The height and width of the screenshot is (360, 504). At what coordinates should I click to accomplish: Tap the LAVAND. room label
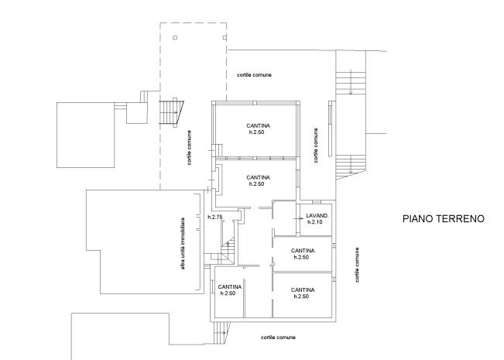click(317, 216)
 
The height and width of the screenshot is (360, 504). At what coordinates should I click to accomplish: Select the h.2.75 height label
click(215, 218)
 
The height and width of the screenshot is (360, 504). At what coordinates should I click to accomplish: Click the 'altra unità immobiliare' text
click(183, 244)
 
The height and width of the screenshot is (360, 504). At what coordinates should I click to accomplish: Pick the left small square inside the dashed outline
click(175, 38)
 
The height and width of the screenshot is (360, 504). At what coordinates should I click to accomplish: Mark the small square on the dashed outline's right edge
click(225, 38)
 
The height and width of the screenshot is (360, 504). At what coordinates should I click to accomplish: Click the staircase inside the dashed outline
click(171, 113)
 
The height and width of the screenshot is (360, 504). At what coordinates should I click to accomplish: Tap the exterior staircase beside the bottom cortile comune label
click(221, 333)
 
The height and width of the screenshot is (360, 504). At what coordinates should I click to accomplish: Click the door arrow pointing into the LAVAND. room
click(300, 219)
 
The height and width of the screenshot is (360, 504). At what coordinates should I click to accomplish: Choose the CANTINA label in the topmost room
click(258, 125)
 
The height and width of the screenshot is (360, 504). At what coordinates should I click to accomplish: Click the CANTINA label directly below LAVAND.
click(303, 251)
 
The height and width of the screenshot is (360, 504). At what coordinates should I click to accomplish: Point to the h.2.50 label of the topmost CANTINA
click(256, 132)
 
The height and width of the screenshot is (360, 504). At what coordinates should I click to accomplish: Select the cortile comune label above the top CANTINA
click(254, 75)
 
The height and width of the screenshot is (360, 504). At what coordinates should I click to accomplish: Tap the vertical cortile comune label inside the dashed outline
click(190, 148)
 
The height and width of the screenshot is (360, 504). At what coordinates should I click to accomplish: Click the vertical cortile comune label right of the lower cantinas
click(357, 265)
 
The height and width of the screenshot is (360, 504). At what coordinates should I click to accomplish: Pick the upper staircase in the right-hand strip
click(351, 81)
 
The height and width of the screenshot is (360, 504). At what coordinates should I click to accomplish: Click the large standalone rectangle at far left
click(86, 135)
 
